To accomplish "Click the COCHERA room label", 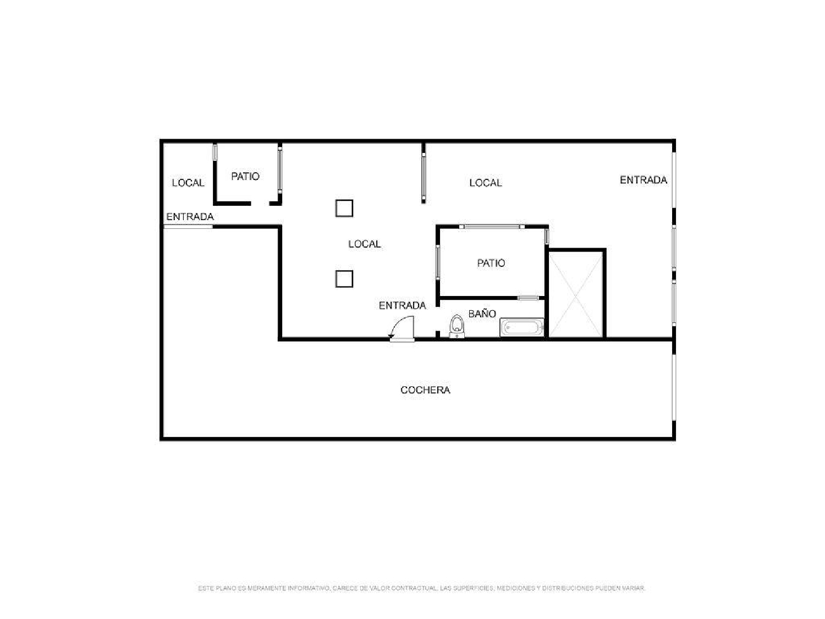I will click(x=425, y=390).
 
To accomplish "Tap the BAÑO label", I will click(x=482, y=314).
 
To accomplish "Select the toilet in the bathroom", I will click(x=457, y=327).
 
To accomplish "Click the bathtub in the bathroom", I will click(x=522, y=328).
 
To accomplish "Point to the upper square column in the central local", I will click(x=344, y=209).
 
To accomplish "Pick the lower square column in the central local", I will click(x=344, y=279).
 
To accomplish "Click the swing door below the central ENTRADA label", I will click(x=402, y=331).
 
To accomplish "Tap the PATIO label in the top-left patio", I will click(x=245, y=177).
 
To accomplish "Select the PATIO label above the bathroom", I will click(x=491, y=263).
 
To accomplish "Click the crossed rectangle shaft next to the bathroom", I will click(x=576, y=294).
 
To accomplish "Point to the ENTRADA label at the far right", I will click(x=643, y=180).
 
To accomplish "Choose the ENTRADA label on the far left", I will click(x=190, y=217).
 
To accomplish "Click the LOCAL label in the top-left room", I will click(x=188, y=183).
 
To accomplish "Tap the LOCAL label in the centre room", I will click(x=364, y=244).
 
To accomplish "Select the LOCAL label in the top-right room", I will click(x=485, y=183).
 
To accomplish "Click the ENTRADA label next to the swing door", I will click(x=402, y=305).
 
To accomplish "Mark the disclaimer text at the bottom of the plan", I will click(x=421, y=588).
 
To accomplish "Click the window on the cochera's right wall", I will click(x=674, y=387).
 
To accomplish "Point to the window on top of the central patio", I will click(x=492, y=226).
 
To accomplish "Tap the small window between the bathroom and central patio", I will click(x=528, y=298).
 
